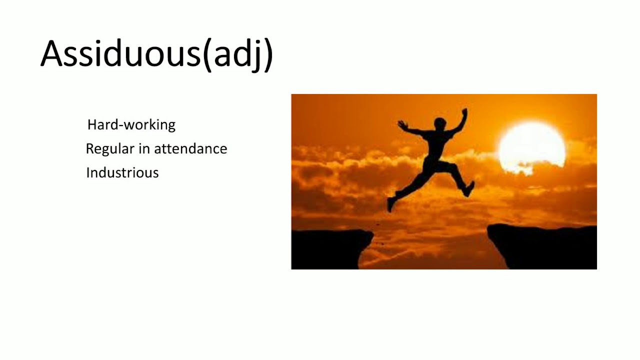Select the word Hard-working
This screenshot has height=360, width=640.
pos(131,124)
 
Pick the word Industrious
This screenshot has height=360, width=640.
pos(122,173)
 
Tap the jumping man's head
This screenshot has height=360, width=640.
pos(440,123)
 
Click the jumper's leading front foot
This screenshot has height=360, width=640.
pos(469,189)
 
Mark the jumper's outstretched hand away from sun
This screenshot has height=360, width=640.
pos(400,123)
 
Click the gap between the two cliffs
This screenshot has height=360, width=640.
pos(430,250)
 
